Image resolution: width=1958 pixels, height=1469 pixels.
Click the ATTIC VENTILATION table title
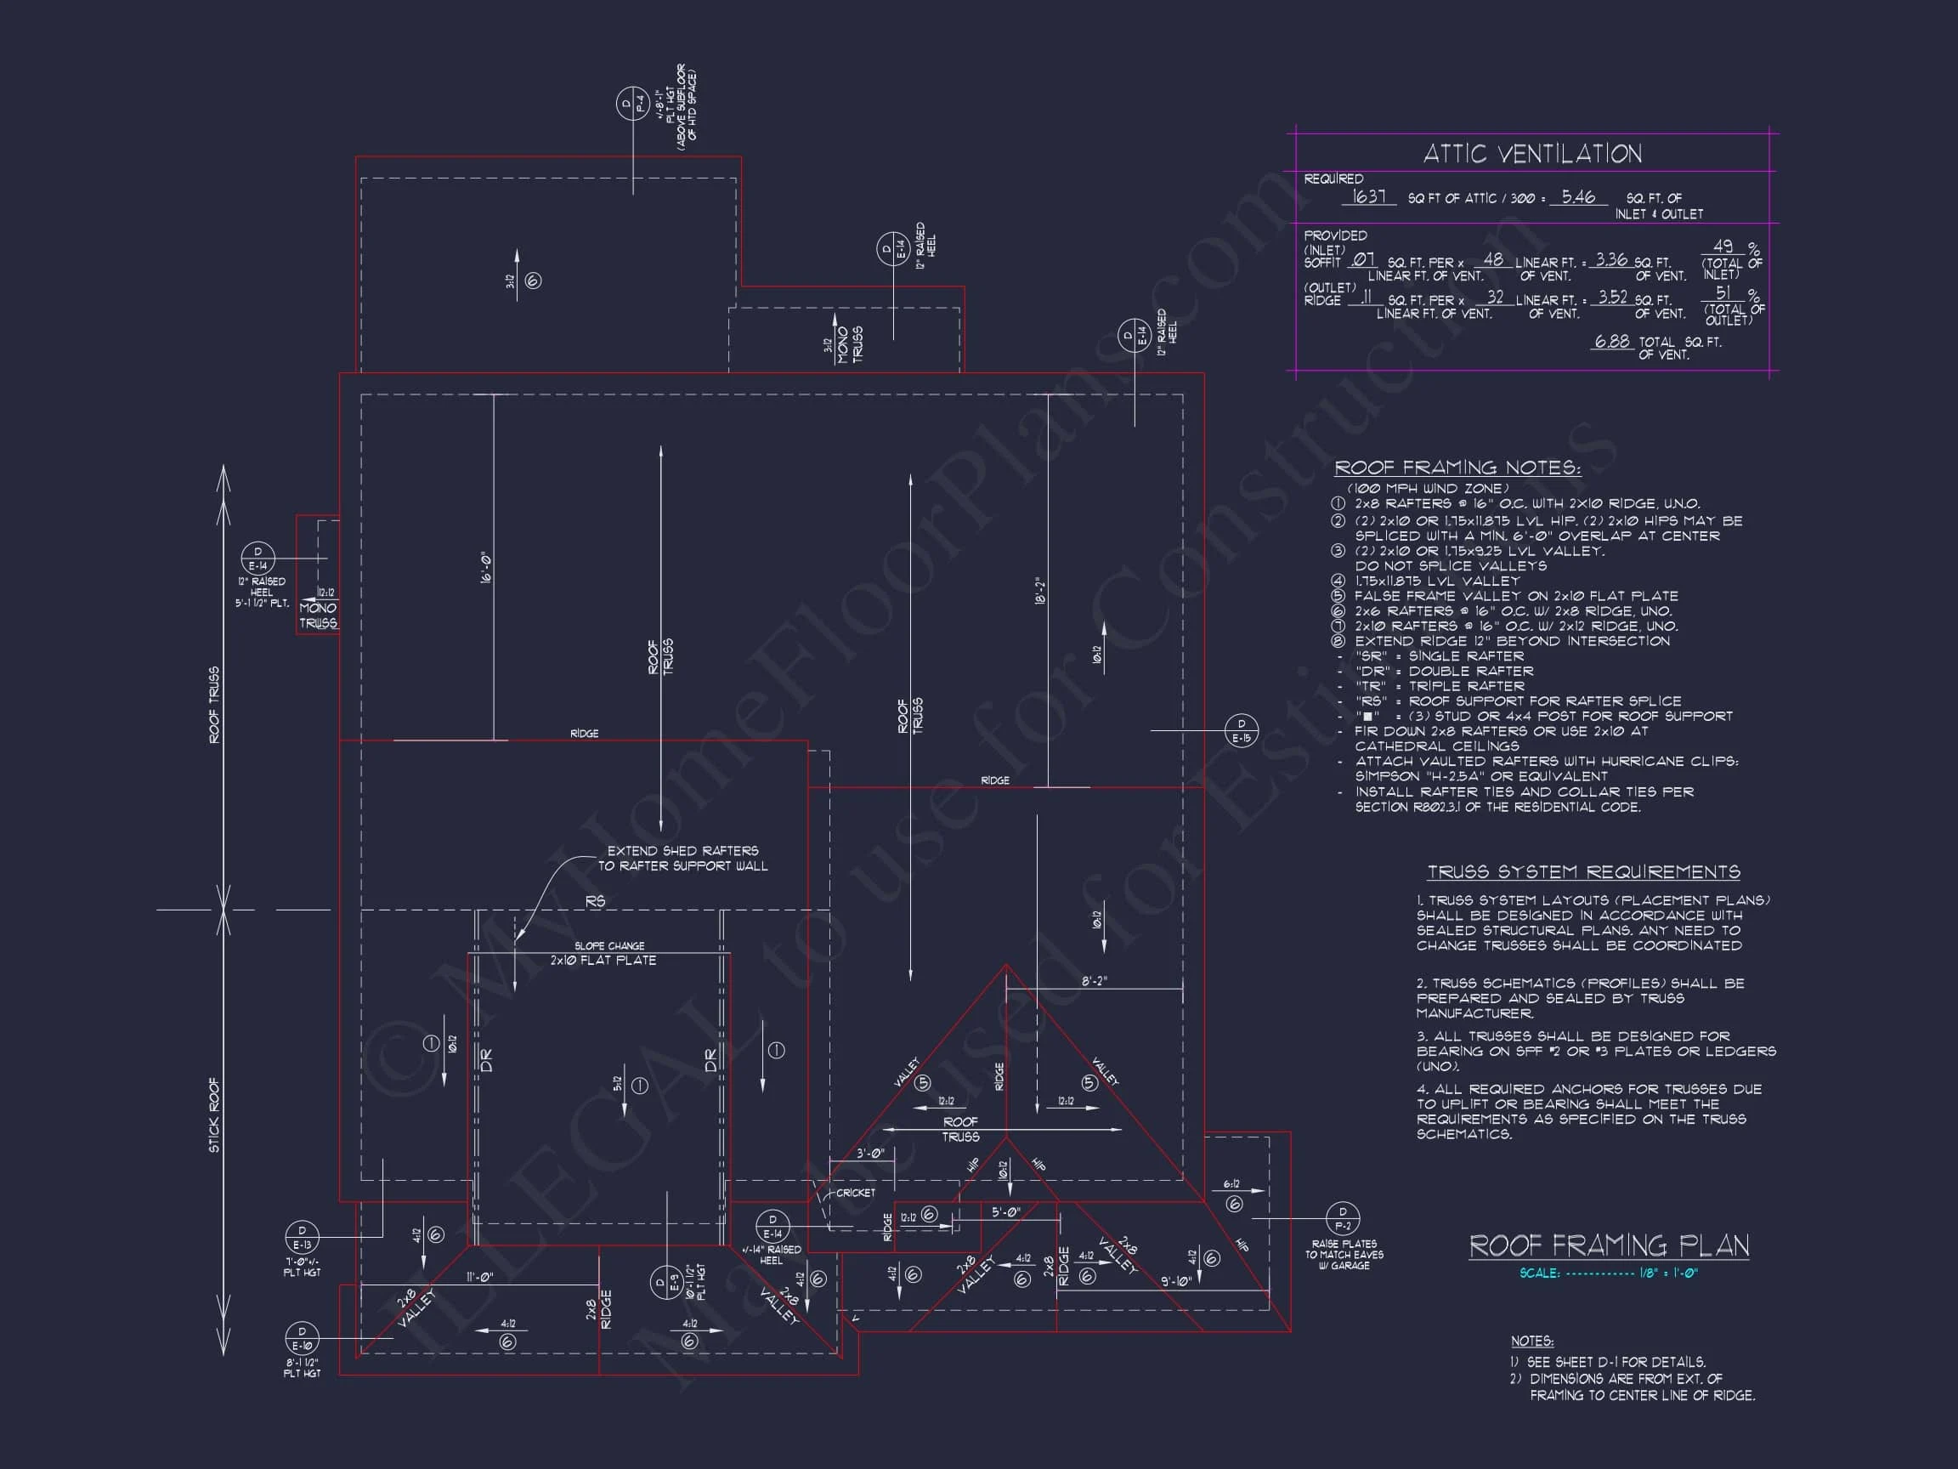[x=1532, y=154]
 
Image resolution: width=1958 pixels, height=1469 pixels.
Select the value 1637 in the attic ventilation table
[x=1368, y=196]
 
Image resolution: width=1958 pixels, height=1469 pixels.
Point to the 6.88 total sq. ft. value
[x=1613, y=341]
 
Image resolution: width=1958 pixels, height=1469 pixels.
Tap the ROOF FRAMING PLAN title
[x=1610, y=1246]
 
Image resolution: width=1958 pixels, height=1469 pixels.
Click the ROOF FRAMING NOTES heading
[x=1457, y=468]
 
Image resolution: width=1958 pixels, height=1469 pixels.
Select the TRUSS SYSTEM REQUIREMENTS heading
[x=1583, y=872]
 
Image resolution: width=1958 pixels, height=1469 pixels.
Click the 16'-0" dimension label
[x=484, y=568]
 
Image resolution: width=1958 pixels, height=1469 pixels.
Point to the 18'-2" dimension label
[x=1040, y=592]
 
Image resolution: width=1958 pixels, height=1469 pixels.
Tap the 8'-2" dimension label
[x=1094, y=981]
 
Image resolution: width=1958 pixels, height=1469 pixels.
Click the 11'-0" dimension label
[x=480, y=1277]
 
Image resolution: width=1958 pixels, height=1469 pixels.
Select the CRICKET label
[x=856, y=1193]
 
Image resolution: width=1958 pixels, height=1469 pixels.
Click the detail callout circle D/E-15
[x=1242, y=730]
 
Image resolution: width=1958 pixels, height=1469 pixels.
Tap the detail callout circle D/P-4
[x=633, y=105]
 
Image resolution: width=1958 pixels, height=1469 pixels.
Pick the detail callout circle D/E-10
[x=302, y=1338]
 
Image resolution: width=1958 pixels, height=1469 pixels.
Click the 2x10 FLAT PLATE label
[x=603, y=961]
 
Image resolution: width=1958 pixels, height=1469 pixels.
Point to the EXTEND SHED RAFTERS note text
[x=682, y=858]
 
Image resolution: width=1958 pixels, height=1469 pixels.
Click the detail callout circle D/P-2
[x=1343, y=1218]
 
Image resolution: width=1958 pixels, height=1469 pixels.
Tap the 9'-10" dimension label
[x=1176, y=1281]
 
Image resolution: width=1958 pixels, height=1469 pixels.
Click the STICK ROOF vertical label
[x=214, y=1115]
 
